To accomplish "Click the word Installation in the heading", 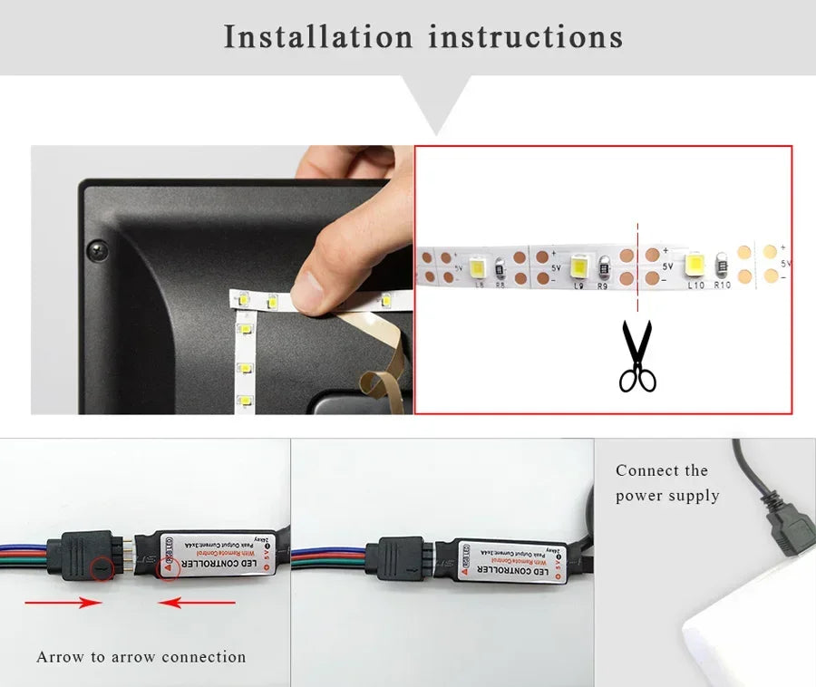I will pyautogui.click(x=316, y=37).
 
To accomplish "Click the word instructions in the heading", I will pyautogui.click(x=525, y=37).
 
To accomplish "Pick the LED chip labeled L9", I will pyautogui.click(x=579, y=266).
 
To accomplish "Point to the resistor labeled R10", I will pyautogui.click(x=722, y=266).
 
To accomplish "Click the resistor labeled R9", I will pyautogui.click(x=603, y=266).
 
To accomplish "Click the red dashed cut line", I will pyautogui.click(x=637, y=263).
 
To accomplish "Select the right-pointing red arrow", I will pyautogui.click(x=63, y=602).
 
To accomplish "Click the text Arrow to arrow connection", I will pyautogui.click(x=141, y=657).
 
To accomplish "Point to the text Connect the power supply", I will pyautogui.click(x=666, y=483).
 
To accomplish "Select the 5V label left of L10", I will pyautogui.click(x=667, y=266).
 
